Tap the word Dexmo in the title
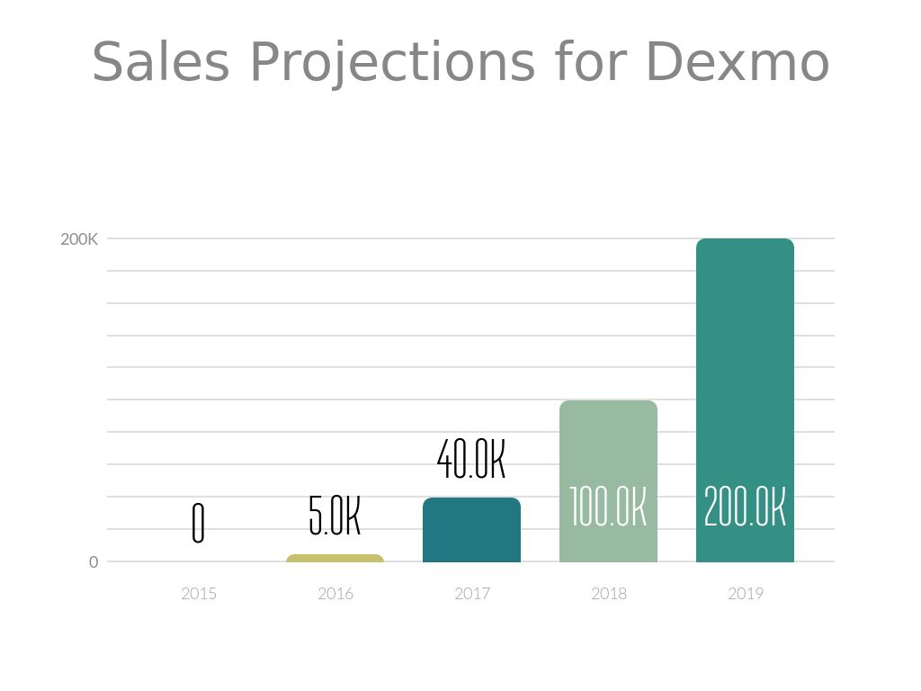[737, 62]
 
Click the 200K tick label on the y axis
[79, 239]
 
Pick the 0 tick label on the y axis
[94, 562]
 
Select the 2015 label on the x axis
[199, 594]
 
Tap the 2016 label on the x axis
[335, 594]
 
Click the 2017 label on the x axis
[472, 594]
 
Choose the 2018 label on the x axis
[609, 594]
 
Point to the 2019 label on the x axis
[746, 594]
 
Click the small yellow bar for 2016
[335, 559]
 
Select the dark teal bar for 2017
[472, 531]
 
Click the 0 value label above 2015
[199, 524]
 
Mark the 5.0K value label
[335, 516]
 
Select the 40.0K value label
[471, 459]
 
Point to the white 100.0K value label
[609, 507]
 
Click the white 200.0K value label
[746, 507]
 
